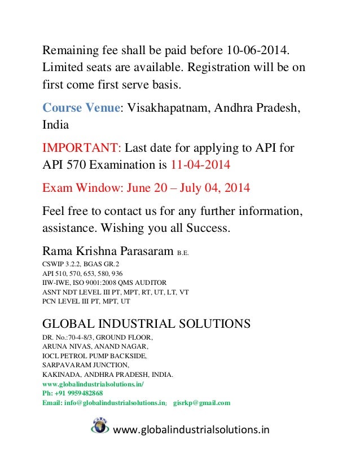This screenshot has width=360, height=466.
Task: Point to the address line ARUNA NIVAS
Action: click(67, 346)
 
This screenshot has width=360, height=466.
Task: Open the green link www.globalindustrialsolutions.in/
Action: click(93, 384)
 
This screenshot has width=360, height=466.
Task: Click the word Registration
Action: click(225, 67)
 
